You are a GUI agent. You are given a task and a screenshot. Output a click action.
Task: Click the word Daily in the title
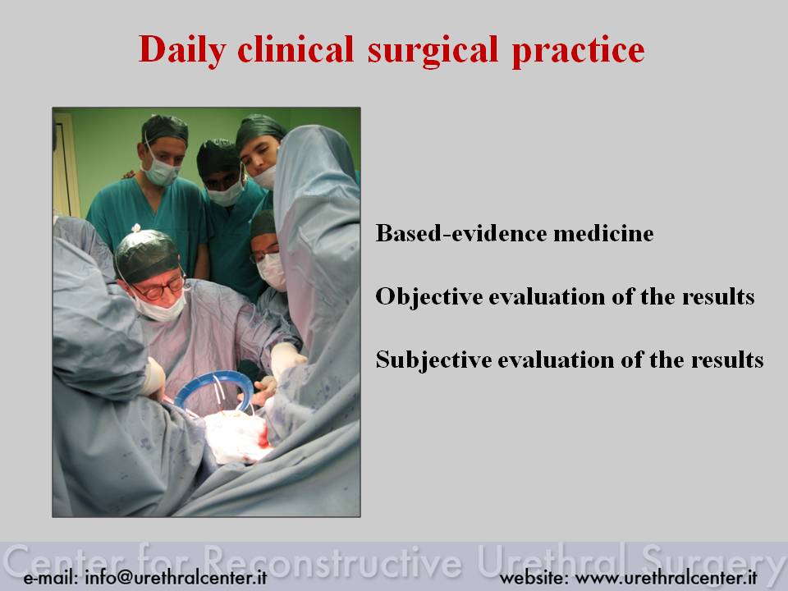182,51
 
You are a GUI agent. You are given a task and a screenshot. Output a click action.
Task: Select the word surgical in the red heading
433,51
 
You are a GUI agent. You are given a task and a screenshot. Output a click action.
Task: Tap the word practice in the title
578,51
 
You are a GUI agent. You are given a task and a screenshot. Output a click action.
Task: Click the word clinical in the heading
295,49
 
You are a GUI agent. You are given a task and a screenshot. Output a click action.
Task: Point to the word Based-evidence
460,233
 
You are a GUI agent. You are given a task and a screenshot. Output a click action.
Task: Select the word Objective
428,296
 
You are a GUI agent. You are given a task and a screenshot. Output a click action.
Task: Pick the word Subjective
433,360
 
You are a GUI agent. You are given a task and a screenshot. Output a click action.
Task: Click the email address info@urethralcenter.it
176,577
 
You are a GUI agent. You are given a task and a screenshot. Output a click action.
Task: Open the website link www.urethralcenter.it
666,577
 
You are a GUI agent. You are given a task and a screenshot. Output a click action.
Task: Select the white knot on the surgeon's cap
135,228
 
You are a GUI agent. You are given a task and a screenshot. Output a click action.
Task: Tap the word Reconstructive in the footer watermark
332,561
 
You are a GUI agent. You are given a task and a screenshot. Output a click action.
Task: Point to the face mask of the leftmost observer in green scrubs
161,172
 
